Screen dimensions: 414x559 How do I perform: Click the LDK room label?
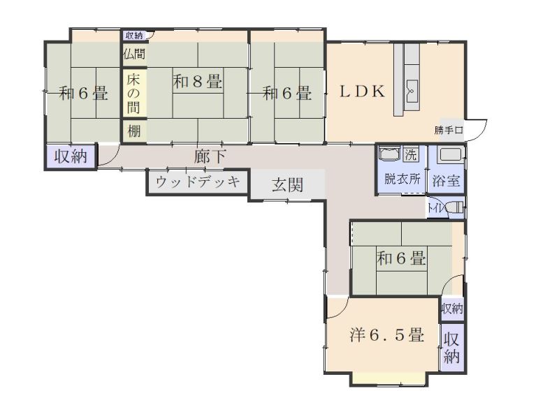point(363,91)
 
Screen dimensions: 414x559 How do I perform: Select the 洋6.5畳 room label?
point(386,335)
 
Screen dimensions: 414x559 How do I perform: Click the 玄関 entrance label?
point(287,185)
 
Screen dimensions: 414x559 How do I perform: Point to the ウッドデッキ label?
point(198,182)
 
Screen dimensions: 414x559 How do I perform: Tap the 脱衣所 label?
point(402,179)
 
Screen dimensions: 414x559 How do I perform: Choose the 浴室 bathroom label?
point(446,179)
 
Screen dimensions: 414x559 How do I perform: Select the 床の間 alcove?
point(133,93)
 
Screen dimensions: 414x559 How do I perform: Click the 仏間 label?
point(133,54)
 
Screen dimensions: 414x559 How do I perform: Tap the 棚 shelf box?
point(133,130)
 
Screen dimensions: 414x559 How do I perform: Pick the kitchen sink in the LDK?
point(411,89)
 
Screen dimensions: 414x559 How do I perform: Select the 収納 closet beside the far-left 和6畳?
point(71,156)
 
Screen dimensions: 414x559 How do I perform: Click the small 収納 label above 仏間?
point(134,35)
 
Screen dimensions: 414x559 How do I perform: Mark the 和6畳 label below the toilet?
point(401,259)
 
